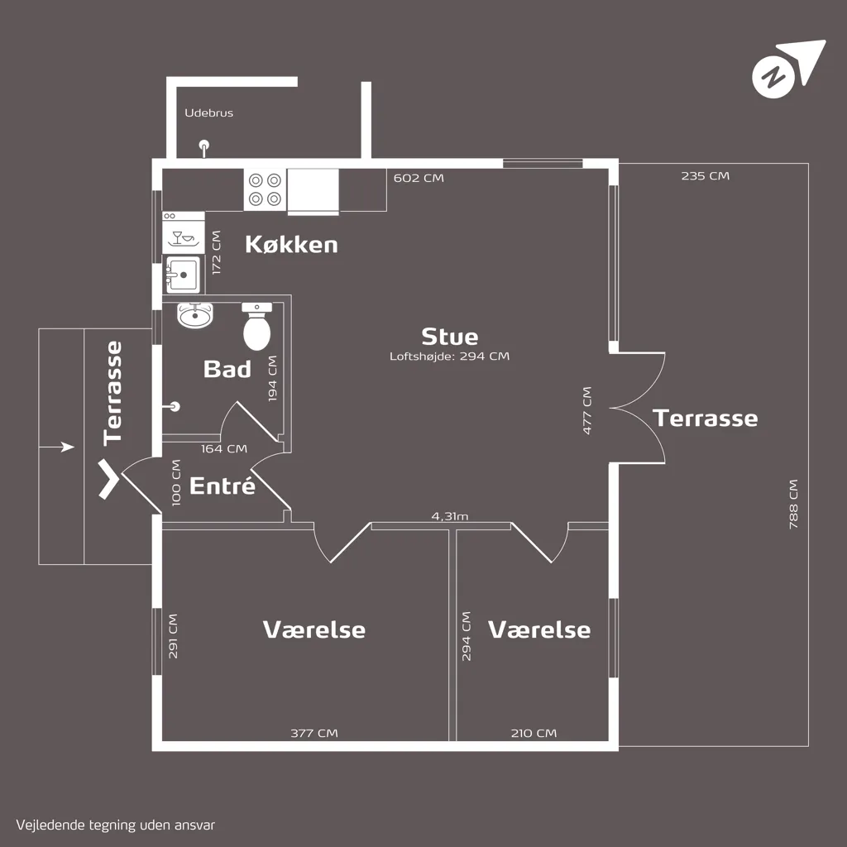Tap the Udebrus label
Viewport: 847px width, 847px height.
[x=209, y=112]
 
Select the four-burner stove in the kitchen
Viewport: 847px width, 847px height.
[x=265, y=189]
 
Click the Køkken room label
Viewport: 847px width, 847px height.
[x=291, y=244]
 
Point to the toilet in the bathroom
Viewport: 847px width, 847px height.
[x=256, y=326]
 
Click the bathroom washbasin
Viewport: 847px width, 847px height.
[x=195, y=315]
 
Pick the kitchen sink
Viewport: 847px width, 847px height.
[x=183, y=275]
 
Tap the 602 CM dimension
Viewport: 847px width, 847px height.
[x=419, y=178]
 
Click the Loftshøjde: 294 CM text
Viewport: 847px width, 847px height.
[x=449, y=356]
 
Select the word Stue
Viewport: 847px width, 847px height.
[x=449, y=337]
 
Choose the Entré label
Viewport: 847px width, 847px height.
[x=222, y=486]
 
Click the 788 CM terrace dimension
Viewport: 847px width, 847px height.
[x=793, y=504]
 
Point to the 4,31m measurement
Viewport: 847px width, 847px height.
[x=449, y=516]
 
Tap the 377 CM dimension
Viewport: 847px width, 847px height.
[x=313, y=733]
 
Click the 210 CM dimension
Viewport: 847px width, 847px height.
[x=534, y=733]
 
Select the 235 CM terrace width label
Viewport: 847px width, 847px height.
[x=705, y=175]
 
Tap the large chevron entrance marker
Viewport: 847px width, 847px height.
[x=108, y=479]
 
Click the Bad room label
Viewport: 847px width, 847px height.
[x=227, y=369]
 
